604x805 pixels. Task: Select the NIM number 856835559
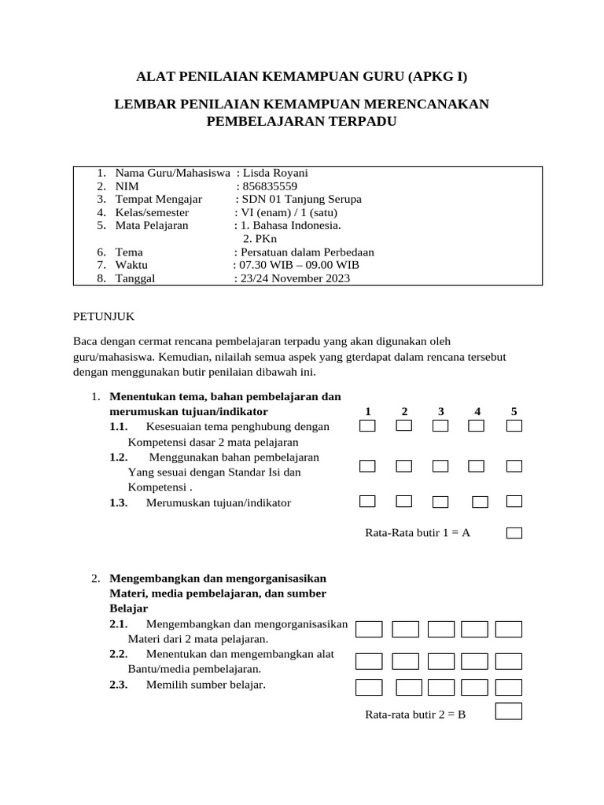pyautogui.click(x=271, y=186)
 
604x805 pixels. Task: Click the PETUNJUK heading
pyautogui.click(x=104, y=316)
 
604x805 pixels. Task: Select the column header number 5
pyautogui.click(x=514, y=411)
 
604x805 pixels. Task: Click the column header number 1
pyautogui.click(x=367, y=411)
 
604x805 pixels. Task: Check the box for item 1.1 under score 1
pyautogui.click(x=367, y=426)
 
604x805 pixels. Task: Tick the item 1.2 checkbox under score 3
pyautogui.click(x=440, y=466)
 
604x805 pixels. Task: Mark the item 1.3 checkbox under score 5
pyautogui.click(x=514, y=501)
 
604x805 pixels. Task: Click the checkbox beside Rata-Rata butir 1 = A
pyautogui.click(x=514, y=533)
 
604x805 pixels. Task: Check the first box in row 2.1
pyautogui.click(x=369, y=629)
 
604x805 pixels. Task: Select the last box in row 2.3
pyautogui.click(x=509, y=688)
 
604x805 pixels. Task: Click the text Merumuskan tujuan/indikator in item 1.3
pyautogui.click(x=218, y=502)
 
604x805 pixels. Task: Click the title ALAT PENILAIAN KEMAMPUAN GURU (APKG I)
pyautogui.click(x=301, y=76)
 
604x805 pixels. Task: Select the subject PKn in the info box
pyautogui.click(x=257, y=238)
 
